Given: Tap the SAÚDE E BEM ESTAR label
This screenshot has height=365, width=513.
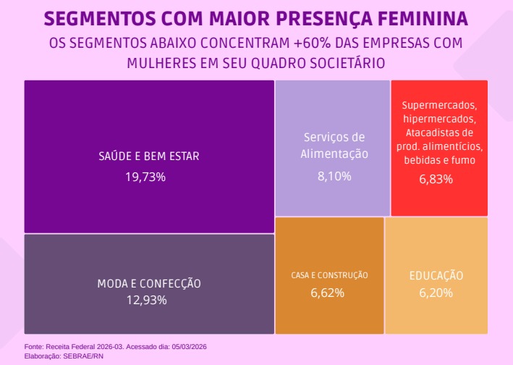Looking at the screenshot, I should (x=148, y=156).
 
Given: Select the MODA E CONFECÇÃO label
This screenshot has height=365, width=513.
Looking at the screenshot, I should (x=149, y=283).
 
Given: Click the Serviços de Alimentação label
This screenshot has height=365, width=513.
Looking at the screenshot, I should (x=334, y=145).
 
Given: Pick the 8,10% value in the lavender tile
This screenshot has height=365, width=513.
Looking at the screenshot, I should (x=334, y=175).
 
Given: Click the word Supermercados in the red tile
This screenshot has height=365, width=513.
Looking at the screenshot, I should (x=438, y=105).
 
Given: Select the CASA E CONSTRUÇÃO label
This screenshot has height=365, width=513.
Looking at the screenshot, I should (x=329, y=275).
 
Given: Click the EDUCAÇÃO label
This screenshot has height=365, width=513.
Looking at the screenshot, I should (x=436, y=276).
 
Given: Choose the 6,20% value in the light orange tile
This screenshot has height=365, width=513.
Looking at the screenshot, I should (x=436, y=293).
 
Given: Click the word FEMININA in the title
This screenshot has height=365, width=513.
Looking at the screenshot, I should (x=415, y=17).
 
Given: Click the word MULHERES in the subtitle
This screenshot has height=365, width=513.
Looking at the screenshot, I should (x=158, y=63).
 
